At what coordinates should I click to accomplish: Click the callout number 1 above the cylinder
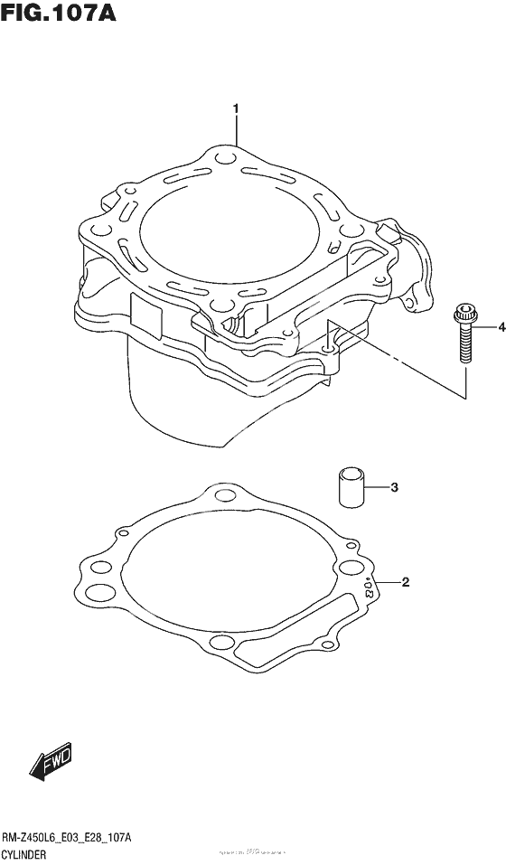coord(236,110)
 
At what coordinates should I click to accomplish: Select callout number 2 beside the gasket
coord(406,582)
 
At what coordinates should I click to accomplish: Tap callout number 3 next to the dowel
coord(394,488)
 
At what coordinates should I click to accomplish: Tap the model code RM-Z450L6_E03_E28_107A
coord(68,839)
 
